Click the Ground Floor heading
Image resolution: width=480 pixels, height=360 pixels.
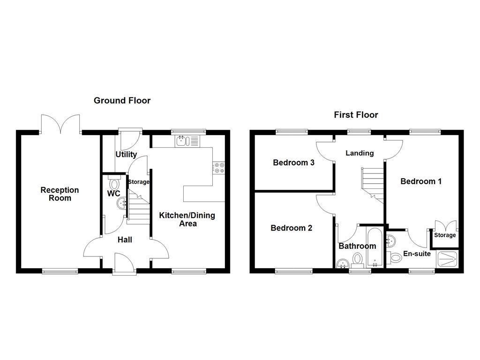coord(122,100)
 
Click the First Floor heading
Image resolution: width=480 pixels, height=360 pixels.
coord(356,115)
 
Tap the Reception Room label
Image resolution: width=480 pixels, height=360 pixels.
coord(60,194)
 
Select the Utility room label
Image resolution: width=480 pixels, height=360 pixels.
coord(126,154)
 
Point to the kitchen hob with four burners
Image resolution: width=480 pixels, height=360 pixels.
coord(218,168)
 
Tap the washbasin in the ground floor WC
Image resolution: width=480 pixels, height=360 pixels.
coord(122,203)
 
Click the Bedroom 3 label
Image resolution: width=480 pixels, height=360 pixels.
coord(293,163)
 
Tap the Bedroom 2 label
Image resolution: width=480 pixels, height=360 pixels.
coord(291,228)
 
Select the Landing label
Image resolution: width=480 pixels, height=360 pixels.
coord(360,153)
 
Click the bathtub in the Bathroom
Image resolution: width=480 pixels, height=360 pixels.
coord(375,248)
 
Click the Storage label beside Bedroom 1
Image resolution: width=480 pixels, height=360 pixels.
coord(445,235)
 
